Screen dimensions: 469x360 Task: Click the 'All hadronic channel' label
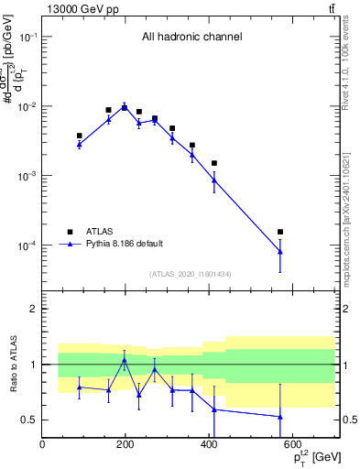[191, 38]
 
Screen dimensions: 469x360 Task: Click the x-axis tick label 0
[42, 445]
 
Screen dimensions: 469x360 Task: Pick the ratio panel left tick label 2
[32, 309]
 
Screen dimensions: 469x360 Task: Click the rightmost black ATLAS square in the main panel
[280, 232]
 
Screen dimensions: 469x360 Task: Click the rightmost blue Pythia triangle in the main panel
[280, 252]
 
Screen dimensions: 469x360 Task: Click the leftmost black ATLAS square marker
[80, 136]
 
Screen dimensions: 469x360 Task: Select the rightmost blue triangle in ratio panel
[280, 417]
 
